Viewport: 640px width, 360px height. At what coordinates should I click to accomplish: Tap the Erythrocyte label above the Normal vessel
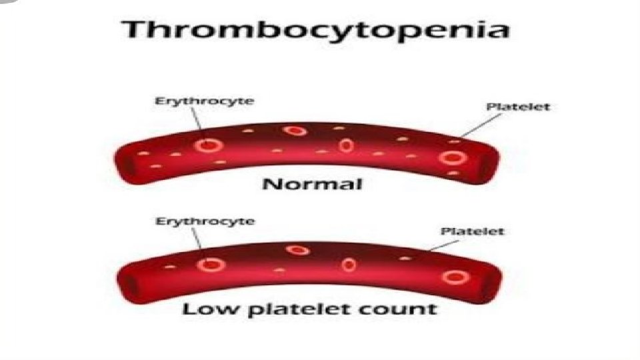click(x=204, y=101)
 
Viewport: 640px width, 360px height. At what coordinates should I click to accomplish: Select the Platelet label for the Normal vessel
click(x=517, y=106)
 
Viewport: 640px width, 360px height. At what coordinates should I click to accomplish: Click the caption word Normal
click(x=313, y=183)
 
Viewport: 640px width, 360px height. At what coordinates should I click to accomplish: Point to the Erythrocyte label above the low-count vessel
click(x=204, y=221)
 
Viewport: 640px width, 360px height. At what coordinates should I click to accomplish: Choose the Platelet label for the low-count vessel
click(x=473, y=231)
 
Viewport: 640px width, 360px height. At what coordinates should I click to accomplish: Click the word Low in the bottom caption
click(x=203, y=309)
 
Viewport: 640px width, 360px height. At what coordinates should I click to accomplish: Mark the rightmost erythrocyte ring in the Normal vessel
click(x=453, y=158)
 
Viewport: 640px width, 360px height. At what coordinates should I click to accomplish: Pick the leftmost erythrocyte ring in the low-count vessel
click(x=211, y=265)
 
